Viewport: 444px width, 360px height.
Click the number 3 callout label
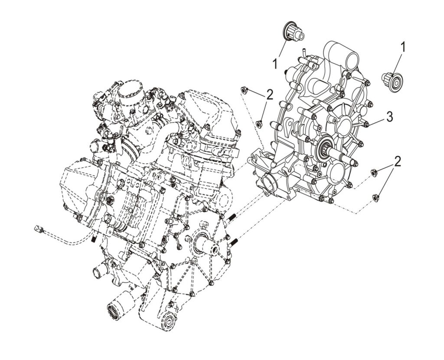click(390, 117)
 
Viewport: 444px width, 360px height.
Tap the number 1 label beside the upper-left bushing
click(275, 64)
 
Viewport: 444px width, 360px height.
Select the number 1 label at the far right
click(403, 47)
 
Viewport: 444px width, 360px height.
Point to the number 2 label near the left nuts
click(270, 95)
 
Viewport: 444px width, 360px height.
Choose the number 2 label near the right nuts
click(398, 162)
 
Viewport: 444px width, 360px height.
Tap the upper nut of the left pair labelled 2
click(244, 90)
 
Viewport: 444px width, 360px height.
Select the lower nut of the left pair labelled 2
click(259, 124)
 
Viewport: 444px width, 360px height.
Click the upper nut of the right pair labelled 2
click(375, 172)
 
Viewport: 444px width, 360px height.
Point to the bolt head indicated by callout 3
click(366, 124)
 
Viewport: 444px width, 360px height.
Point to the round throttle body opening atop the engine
click(129, 85)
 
